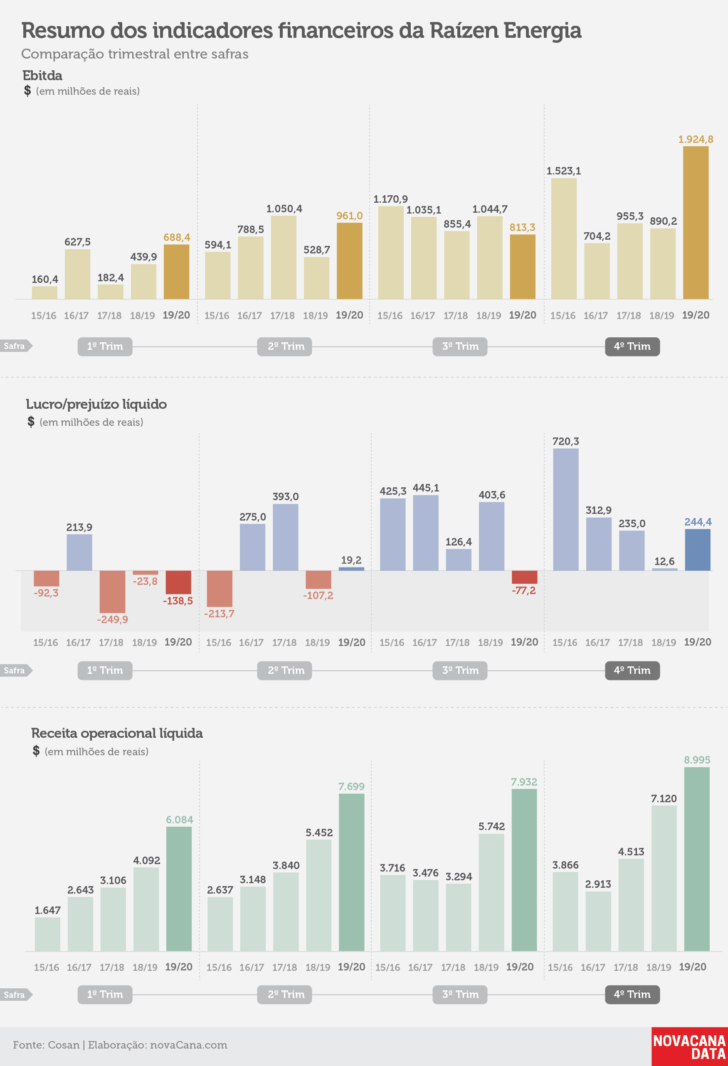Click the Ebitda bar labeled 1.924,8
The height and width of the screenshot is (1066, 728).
click(x=696, y=223)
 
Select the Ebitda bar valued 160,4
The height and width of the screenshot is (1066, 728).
click(x=44, y=292)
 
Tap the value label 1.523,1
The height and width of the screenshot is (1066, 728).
click(x=564, y=171)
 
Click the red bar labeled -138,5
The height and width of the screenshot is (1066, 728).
click(x=178, y=582)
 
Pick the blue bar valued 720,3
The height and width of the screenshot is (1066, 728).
click(x=565, y=510)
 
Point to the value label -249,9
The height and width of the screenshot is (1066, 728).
click(x=112, y=620)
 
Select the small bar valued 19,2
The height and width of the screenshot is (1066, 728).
click(x=351, y=569)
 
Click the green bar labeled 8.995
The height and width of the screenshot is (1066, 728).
click(x=697, y=859)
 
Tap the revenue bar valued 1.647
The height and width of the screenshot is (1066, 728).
click(x=47, y=934)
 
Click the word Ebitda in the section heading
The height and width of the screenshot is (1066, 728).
click(x=42, y=75)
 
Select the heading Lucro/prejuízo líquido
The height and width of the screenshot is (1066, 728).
click(x=96, y=404)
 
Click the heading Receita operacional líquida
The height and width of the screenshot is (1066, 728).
click(x=117, y=733)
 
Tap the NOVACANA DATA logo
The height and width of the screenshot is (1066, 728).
click(x=689, y=1046)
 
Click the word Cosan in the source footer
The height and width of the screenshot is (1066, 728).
click(x=64, y=1045)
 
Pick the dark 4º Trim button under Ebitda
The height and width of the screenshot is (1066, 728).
click(x=632, y=346)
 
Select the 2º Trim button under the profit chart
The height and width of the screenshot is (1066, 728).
click(x=285, y=671)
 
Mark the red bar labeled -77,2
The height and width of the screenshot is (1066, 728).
click(x=524, y=577)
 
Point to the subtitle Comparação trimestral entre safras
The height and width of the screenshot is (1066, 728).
click(x=135, y=54)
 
